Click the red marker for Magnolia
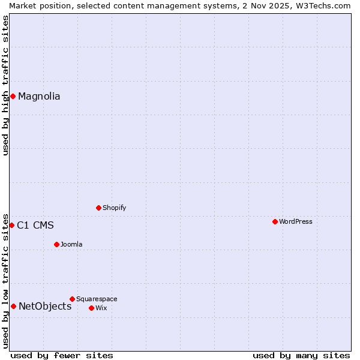coord(13,96)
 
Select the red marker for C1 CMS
coord(11,225)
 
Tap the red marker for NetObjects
coord(13,306)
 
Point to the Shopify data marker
coord(98,208)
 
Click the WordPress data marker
coord(275,221)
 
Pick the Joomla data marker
coord(56,244)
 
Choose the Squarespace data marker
coord(72,299)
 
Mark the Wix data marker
coord(91,308)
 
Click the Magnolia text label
coord(39,96)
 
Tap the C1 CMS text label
coord(35,226)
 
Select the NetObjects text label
coord(45,307)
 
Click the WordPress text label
coord(296,221)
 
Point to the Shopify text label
coord(115,208)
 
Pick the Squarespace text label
coord(97,299)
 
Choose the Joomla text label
coord(71,244)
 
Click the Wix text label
coord(101,308)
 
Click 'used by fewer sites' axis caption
coord(62,355)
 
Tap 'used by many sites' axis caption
coord(301,355)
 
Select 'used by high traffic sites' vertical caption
coord(5,85)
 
